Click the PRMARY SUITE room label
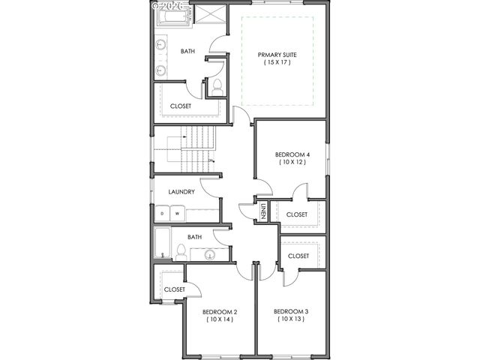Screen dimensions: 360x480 (277, 55)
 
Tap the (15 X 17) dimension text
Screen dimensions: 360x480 (277, 63)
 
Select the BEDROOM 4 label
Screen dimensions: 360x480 (292, 154)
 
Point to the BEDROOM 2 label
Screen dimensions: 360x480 (220, 311)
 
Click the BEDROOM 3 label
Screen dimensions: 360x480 (291, 311)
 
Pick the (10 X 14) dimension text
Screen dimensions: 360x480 (220, 319)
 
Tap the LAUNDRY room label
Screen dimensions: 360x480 (182, 192)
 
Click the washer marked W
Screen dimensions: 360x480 (178, 214)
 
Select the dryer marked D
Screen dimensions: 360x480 (162, 214)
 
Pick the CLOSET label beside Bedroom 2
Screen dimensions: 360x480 (174, 289)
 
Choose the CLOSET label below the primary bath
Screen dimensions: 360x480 (181, 106)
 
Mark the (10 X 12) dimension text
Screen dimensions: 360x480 (292, 162)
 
